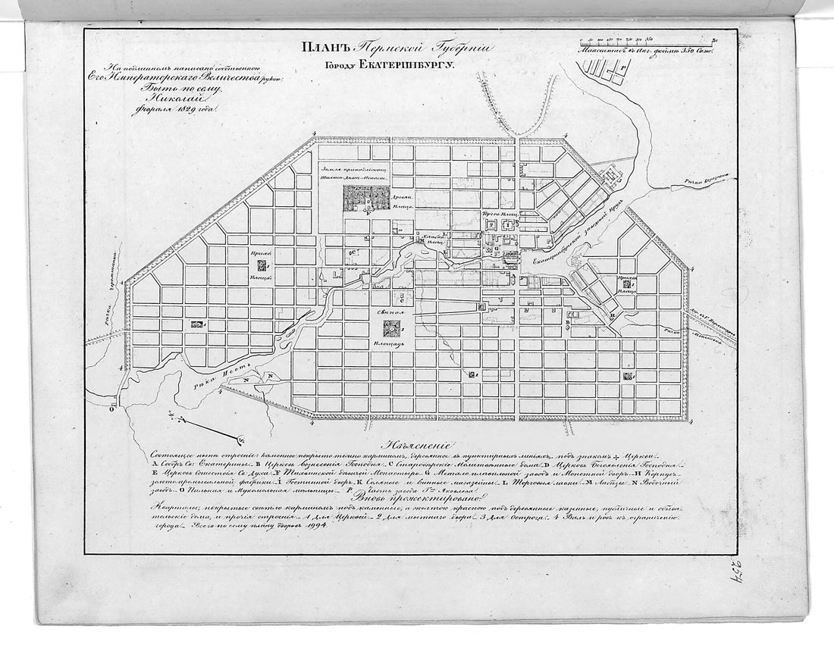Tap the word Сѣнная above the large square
point(390,312)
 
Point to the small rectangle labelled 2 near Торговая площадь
point(491,225)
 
